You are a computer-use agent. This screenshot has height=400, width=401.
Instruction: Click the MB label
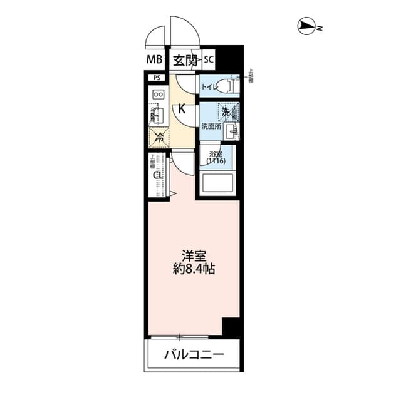[x=155, y=60]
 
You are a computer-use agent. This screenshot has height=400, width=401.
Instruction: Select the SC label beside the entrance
[x=209, y=60]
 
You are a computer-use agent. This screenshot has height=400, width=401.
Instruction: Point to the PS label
[x=156, y=78]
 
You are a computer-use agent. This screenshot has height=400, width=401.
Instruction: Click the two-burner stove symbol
[x=159, y=95]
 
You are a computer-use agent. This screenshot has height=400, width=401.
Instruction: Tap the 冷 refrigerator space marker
[x=159, y=135]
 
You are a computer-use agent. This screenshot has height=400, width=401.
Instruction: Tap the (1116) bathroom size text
[x=216, y=161]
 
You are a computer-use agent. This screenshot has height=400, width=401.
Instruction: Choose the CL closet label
[x=159, y=175]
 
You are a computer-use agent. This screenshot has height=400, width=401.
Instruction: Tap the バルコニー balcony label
[x=194, y=355]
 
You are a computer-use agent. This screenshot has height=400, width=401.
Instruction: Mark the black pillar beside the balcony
[x=232, y=327]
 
